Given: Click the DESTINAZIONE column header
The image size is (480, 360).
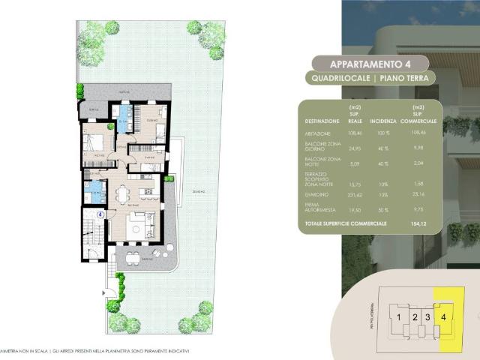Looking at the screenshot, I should [321, 120].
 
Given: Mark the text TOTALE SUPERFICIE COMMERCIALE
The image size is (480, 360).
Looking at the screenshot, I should [346, 223].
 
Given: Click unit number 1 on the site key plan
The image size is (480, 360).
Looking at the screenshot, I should [400, 317].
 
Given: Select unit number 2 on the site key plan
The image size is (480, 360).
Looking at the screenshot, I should [415, 317].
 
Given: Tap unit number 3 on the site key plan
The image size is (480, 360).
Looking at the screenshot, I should [427, 317].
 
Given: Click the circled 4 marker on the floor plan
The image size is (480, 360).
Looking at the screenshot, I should [100, 214].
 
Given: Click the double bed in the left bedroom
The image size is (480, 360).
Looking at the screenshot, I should [96, 144].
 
